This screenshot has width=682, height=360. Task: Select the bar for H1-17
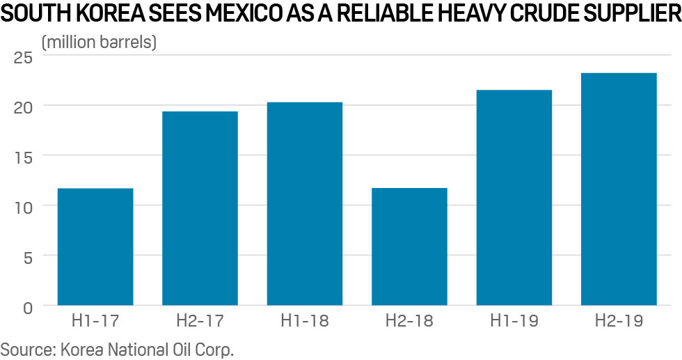click(95, 246)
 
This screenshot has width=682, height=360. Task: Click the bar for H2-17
click(200, 208)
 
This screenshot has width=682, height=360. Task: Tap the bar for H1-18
click(305, 203)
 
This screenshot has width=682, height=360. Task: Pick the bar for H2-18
click(409, 246)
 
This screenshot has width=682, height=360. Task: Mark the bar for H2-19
click(619, 189)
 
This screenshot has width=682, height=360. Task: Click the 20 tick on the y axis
click(23, 107)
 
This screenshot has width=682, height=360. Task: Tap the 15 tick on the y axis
click(23, 157)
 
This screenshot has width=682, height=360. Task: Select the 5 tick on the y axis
click(27, 256)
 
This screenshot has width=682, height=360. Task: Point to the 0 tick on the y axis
click(27, 306)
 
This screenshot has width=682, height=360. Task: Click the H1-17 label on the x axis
click(95, 322)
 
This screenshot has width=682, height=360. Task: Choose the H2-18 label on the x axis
click(409, 322)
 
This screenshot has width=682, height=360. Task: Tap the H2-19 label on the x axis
click(619, 322)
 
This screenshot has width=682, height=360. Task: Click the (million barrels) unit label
click(100, 42)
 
